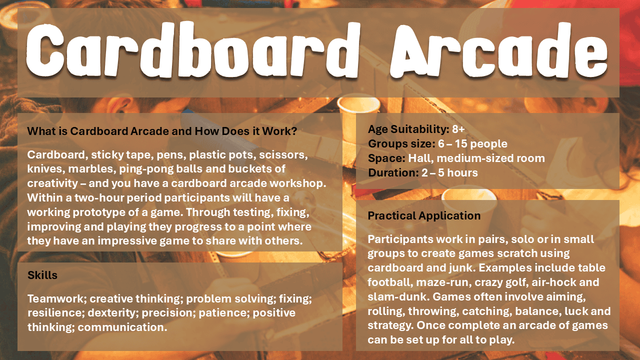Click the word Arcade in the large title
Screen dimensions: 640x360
pos(498,50)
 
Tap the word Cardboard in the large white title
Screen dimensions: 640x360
pos(192,49)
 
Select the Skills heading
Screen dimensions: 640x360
pos(42,275)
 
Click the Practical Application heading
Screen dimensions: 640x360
pos(424,215)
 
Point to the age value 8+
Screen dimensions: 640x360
pos(458,129)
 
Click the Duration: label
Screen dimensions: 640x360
pos(393,172)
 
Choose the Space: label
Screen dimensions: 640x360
pos(386,158)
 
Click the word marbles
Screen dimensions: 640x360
pos(91,169)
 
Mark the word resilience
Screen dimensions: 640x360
pos(56,313)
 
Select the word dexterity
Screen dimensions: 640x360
pos(111,313)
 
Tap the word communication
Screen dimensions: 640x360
pos(122,327)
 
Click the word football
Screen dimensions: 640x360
pos(390,282)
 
